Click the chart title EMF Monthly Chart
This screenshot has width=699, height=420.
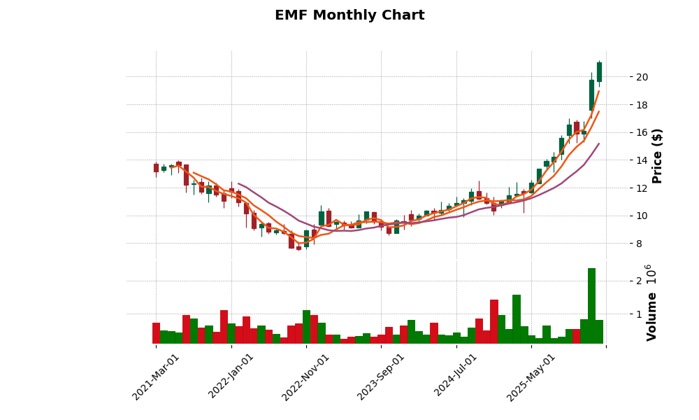coord(349,15)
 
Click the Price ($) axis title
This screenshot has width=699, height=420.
coord(657,155)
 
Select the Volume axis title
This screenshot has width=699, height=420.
coord(651,316)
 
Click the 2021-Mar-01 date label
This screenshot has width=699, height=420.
coord(156,377)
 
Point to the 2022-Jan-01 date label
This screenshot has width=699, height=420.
coord(231,377)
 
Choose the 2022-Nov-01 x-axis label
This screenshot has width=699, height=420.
coord(305,377)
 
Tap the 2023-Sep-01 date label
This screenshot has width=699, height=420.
coord(381,377)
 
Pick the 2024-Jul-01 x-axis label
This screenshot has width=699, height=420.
coord(456,377)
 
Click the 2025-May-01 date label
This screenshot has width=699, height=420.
coord(531,377)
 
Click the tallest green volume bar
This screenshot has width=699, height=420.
coord(591,306)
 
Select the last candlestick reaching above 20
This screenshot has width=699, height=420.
coord(599,72)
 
